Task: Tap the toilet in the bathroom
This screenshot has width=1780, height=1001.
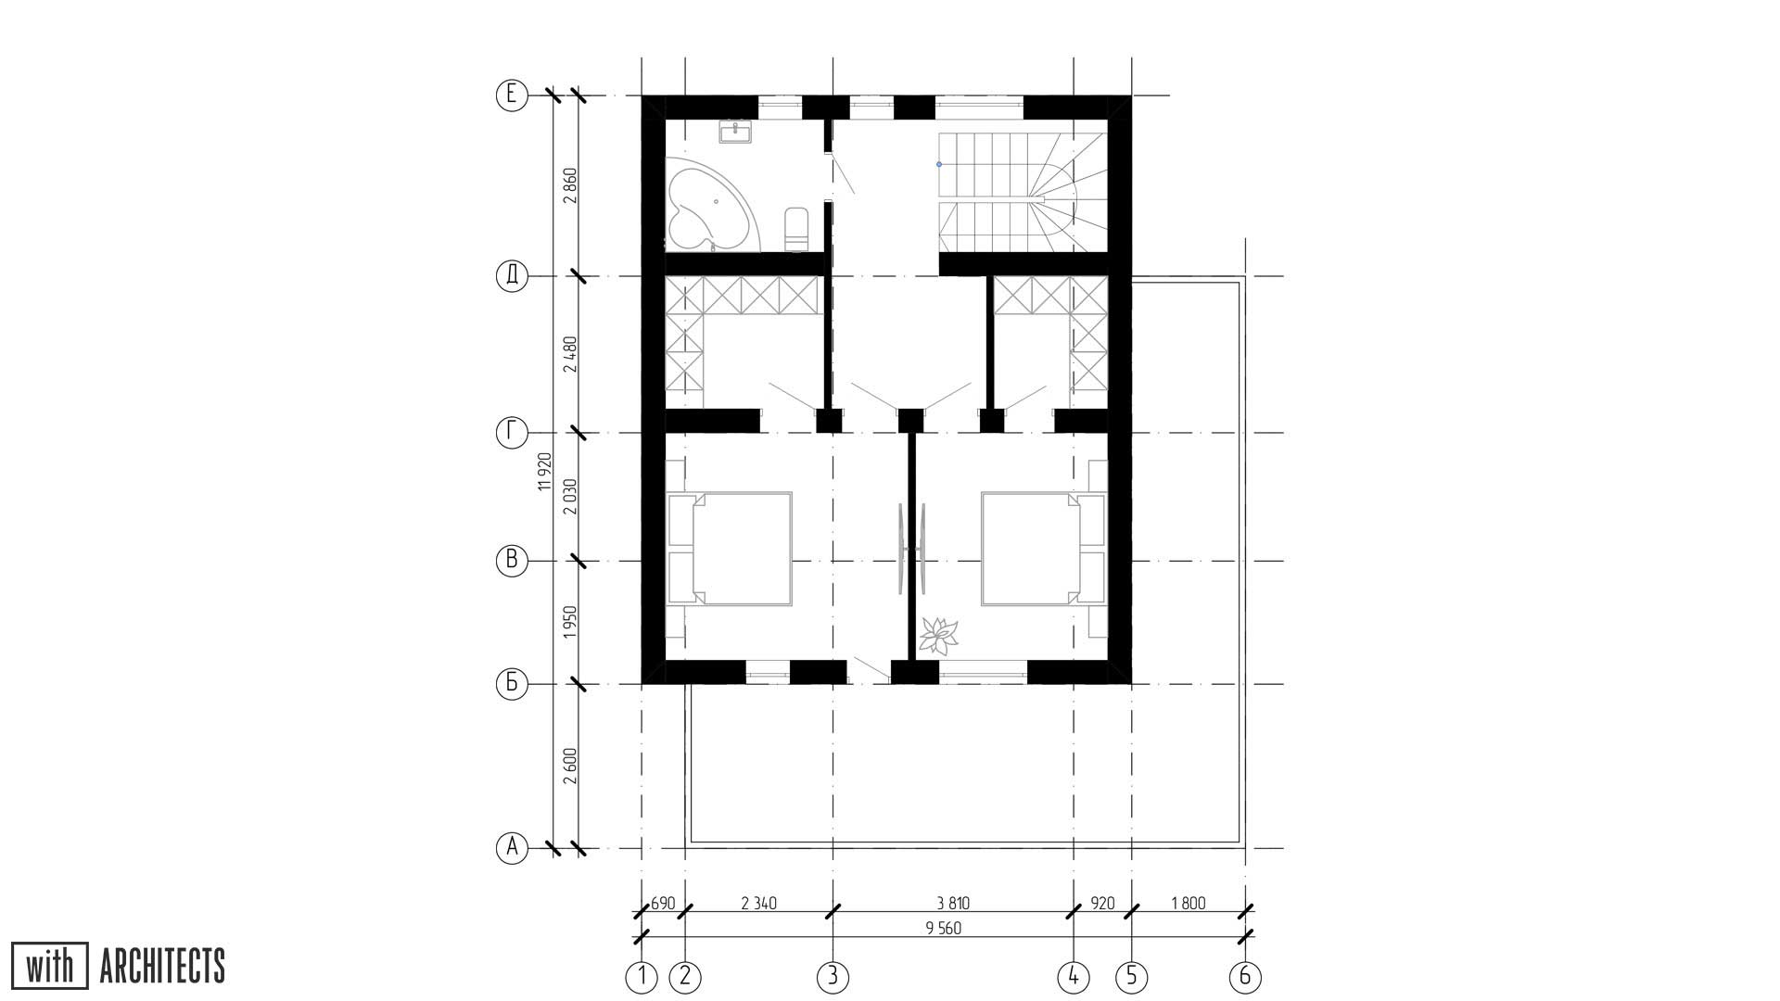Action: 796,229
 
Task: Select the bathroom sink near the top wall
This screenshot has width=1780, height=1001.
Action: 736,132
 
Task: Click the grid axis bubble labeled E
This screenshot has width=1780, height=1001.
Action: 512,95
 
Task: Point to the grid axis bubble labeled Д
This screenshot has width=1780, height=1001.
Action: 512,276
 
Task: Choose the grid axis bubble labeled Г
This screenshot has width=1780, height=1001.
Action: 512,433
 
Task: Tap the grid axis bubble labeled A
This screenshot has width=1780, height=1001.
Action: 512,848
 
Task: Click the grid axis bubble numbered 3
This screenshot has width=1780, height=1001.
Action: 833,977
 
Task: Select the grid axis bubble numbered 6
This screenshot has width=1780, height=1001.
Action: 1245,977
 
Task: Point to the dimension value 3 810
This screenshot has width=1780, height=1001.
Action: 953,904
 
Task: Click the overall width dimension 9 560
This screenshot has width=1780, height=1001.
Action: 943,928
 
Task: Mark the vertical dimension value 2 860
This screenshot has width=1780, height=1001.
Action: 570,185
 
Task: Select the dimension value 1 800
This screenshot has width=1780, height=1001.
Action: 1189,904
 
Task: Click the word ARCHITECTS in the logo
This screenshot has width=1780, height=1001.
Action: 162,966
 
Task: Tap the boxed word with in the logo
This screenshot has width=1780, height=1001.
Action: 50,966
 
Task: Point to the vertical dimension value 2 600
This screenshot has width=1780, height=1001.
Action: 570,767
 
